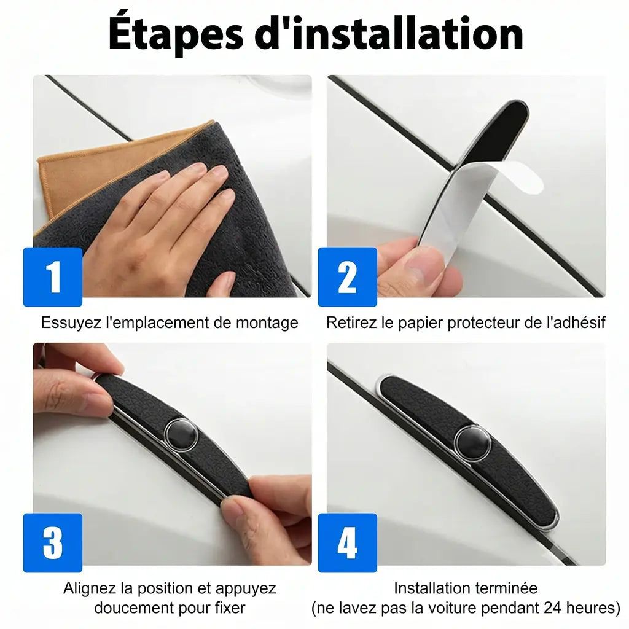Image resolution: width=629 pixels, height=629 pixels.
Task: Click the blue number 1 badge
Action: [53, 277]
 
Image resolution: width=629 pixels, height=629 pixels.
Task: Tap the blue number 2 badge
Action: [348, 277]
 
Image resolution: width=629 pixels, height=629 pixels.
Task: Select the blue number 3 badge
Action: [53, 543]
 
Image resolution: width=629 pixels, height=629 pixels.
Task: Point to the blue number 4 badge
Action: [348, 543]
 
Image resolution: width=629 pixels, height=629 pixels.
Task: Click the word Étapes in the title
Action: [176, 34]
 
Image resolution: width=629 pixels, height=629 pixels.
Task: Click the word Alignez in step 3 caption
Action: [90, 588]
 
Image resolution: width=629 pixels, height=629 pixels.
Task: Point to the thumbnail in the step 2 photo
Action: [423, 264]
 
